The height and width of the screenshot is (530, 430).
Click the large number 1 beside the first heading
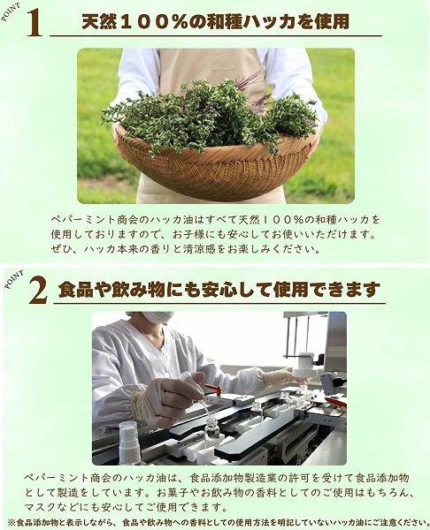click(35, 22)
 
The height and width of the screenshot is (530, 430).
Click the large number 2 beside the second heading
click(38, 290)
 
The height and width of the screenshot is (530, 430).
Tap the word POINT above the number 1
click(11, 12)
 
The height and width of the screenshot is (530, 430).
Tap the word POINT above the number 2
click(14, 279)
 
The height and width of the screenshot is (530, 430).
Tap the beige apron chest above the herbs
click(211, 68)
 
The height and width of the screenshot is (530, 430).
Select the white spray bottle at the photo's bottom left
click(129, 442)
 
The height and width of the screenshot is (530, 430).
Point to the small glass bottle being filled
click(212, 428)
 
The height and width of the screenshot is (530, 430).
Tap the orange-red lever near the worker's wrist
click(213, 390)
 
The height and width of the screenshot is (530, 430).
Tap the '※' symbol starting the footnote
click(12, 522)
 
